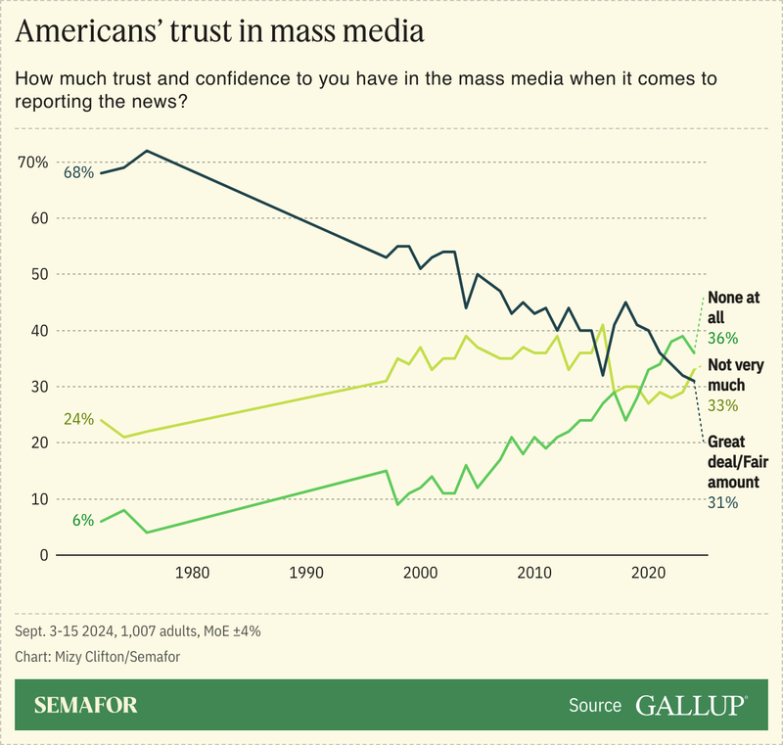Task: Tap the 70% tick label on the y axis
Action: click(x=32, y=162)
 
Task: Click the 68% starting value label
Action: click(x=78, y=172)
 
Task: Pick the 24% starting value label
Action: click(x=78, y=419)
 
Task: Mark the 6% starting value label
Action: click(x=82, y=521)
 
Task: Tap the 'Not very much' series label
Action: click(x=735, y=374)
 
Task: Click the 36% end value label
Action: click(x=721, y=338)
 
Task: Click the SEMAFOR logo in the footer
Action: click(x=86, y=705)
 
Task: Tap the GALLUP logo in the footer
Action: click(x=691, y=705)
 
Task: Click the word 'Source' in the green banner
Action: click(x=594, y=706)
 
